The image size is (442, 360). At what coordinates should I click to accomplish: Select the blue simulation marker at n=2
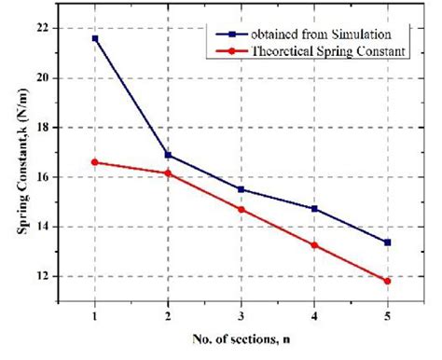point(168,155)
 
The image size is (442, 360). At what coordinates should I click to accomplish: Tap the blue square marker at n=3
point(241,189)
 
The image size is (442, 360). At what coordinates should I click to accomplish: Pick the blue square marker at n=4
point(314,209)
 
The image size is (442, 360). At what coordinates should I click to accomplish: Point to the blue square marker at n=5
point(387,242)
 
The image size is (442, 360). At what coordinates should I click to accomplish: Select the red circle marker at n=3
point(241,209)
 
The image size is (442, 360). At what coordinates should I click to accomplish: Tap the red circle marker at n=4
point(314,245)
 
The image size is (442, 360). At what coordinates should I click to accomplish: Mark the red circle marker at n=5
point(387,281)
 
